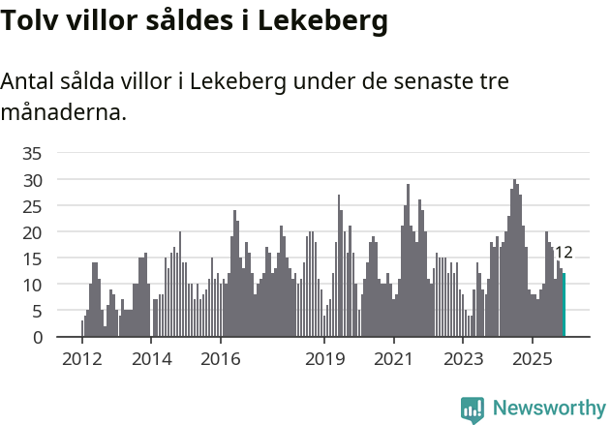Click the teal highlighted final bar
pyautogui.click(x=565, y=306)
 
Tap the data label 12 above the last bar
pyautogui.click(x=563, y=253)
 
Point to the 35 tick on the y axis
pyautogui.click(x=32, y=153)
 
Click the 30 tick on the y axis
pyautogui.click(x=32, y=180)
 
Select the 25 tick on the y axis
pyautogui.click(x=32, y=206)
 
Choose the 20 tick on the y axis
pyautogui.click(x=32, y=232)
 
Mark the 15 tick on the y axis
pyautogui.click(x=32, y=258)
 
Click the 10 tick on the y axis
pyautogui.click(x=32, y=285)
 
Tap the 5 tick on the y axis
pyautogui.click(x=37, y=311)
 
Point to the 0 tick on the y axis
pyautogui.click(x=37, y=337)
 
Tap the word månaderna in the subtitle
pyautogui.click(x=63, y=112)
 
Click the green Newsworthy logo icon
pyautogui.click(x=473, y=410)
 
